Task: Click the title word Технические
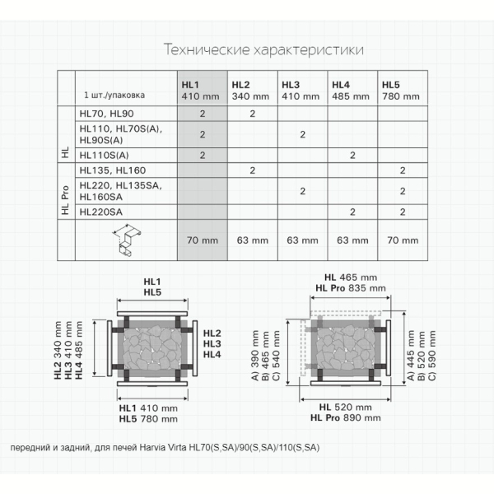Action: coord(207,49)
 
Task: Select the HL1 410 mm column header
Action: coord(200,91)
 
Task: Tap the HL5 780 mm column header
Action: coord(401,91)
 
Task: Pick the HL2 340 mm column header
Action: coord(250,91)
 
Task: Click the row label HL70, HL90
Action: coord(106,114)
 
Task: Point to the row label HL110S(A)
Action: coord(104,155)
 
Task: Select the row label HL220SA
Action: coord(100,212)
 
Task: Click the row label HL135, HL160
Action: coord(113,170)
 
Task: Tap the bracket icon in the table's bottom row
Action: coord(126,240)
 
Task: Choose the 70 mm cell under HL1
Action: coord(203,240)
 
